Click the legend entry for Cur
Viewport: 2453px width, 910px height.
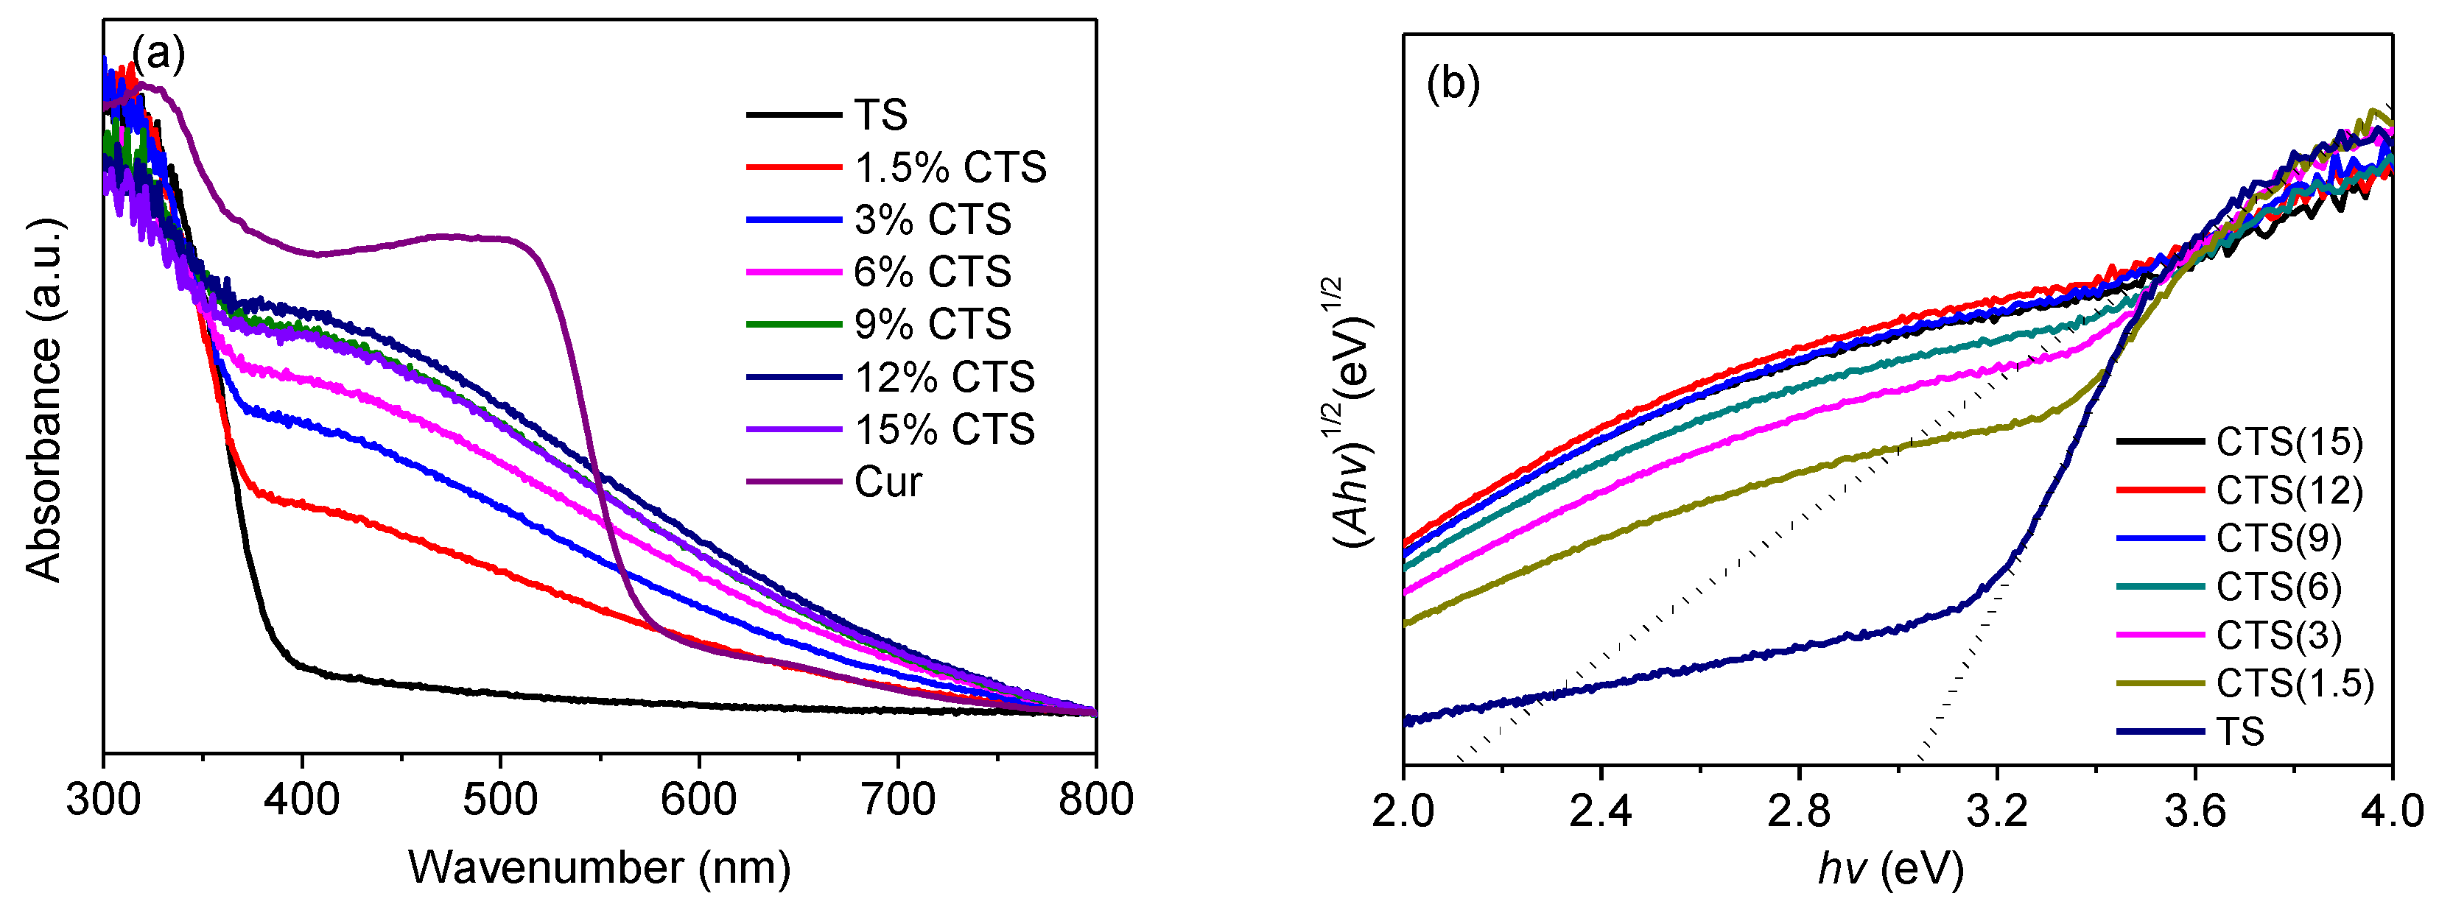887,482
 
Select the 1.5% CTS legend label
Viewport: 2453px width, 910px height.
950,168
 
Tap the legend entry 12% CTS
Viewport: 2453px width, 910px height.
944,377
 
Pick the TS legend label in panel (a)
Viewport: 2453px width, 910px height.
880,115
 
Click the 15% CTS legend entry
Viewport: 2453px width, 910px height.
944,429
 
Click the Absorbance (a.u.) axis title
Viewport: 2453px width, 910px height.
43,400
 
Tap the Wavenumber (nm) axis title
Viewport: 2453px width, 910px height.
599,867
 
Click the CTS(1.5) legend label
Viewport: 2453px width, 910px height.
2295,683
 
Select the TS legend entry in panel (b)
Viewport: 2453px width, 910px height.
2239,732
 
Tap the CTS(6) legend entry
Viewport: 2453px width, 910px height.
2278,586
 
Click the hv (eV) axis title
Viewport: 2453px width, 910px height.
1890,868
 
